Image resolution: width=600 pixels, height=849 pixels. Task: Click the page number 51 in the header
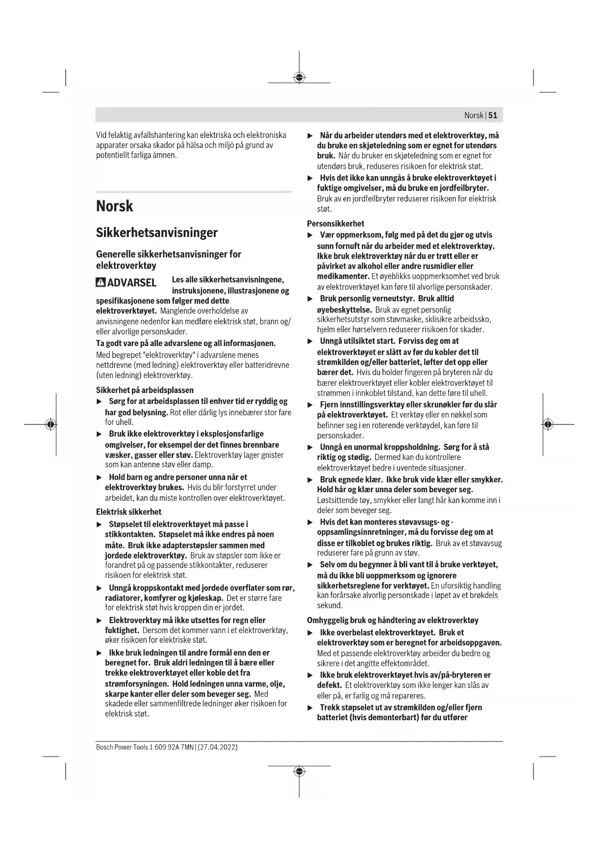[x=493, y=115]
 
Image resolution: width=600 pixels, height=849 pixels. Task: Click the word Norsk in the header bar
[x=473, y=115]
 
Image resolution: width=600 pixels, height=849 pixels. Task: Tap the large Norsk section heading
[x=114, y=206]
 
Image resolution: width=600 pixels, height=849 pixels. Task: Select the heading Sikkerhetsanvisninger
[x=157, y=233]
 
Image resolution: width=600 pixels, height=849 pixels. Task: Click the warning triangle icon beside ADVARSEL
[x=101, y=282]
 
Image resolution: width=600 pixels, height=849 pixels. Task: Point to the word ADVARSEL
[x=132, y=283]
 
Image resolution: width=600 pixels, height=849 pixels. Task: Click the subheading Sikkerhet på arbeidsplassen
[x=145, y=390]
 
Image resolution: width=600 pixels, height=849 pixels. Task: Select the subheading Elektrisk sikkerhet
[x=129, y=512]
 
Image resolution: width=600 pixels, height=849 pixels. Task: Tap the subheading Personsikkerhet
[x=336, y=224]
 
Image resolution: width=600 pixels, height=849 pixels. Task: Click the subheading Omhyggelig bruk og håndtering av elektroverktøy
[x=393, y=620]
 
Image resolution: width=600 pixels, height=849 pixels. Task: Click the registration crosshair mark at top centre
[x=299, y=77]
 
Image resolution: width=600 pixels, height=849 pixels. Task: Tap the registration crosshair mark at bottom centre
[x=299, y=771]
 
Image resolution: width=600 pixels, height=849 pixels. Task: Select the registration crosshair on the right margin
[x=547, y=424]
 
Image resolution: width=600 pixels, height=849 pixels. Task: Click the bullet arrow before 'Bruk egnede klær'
[x=310, y=480]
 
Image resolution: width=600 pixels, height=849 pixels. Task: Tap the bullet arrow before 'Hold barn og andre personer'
[x=99, y=478]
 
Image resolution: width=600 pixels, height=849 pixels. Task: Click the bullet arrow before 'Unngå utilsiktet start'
[x=310, y=341]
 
